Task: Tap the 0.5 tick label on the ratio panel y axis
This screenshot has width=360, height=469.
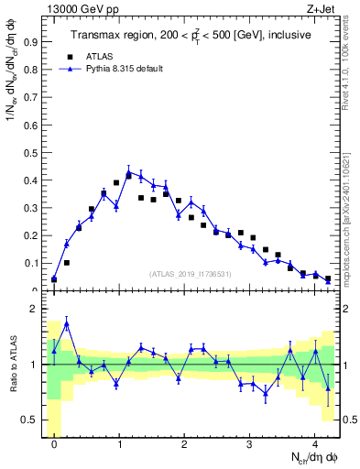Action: tap(31, 420)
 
